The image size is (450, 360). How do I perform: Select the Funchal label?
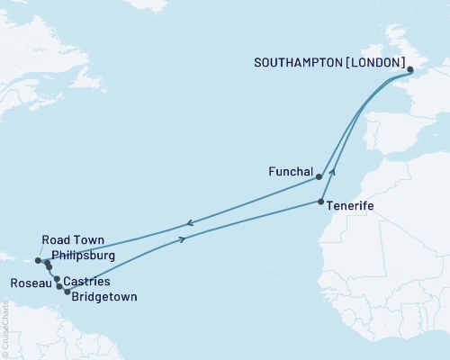[x=290, y=171]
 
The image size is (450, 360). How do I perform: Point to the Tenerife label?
[x=350, y=206]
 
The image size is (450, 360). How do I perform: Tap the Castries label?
[x=88, y=282]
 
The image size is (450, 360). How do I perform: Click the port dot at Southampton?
[x=410, y=70]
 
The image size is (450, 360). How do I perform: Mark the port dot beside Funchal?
[x=319, y=177]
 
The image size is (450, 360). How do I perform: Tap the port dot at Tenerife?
[x=322, y=202]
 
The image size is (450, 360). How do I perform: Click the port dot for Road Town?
[x=39, y=261]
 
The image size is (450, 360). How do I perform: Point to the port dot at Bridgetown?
[x=67, y=291]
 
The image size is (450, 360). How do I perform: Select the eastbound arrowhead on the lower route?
[x=184, y=239]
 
